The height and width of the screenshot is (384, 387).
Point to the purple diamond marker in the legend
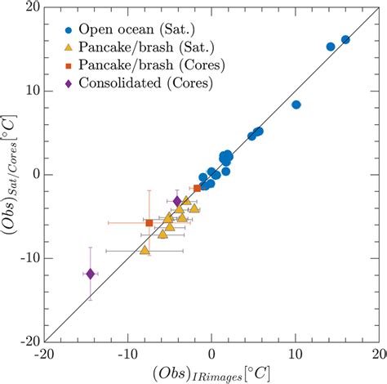[68, 83]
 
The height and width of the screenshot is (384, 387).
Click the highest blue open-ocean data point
[345, 39]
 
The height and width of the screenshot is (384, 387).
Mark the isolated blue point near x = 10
[296, 105]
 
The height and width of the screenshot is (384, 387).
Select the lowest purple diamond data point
[91, 274]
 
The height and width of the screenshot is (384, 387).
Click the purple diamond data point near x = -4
[177, 201]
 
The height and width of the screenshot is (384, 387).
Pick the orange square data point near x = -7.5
[149, 223]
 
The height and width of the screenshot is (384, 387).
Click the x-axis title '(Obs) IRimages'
[211, 372]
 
